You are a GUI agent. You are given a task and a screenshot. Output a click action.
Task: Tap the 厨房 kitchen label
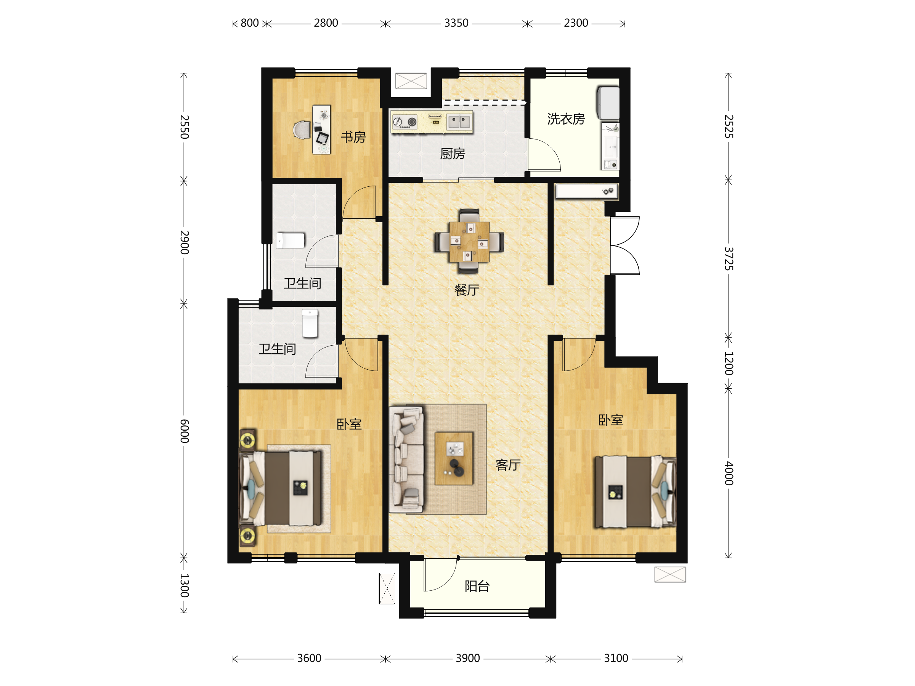(x=453, y=154)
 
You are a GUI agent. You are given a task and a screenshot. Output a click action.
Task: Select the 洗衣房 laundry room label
(x=566, y=119)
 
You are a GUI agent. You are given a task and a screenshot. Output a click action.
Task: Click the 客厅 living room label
(x=508, y=465)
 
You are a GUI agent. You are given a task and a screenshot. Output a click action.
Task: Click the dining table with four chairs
(x=469, y=242)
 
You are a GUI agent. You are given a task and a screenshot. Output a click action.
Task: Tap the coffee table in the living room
(x=454, y=458)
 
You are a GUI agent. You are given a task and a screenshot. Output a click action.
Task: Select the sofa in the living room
(x=407, y=459)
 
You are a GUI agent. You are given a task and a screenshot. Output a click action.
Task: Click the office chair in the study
(x=302, y=130)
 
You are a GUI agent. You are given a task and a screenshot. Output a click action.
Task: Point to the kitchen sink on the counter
(x=459, y=122)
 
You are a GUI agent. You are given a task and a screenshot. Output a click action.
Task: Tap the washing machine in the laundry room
(x=608, y=103)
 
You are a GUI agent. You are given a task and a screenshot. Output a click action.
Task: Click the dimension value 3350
(x=456, y=23)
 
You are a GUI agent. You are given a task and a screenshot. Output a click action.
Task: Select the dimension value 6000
(x=185, y=431)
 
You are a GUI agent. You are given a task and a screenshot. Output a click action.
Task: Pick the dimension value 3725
(x=729, y=258)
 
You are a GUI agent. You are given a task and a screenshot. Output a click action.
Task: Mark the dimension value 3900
(x=468, y=658)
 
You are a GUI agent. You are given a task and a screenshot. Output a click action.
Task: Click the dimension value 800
(x=250, y=23)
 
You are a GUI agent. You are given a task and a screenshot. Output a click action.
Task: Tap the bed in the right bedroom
(x=636, y=492)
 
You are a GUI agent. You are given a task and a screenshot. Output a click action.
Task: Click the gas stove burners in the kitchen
(x=404, y=122)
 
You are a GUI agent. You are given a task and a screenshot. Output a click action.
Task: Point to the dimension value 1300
(x=185, y=585)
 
